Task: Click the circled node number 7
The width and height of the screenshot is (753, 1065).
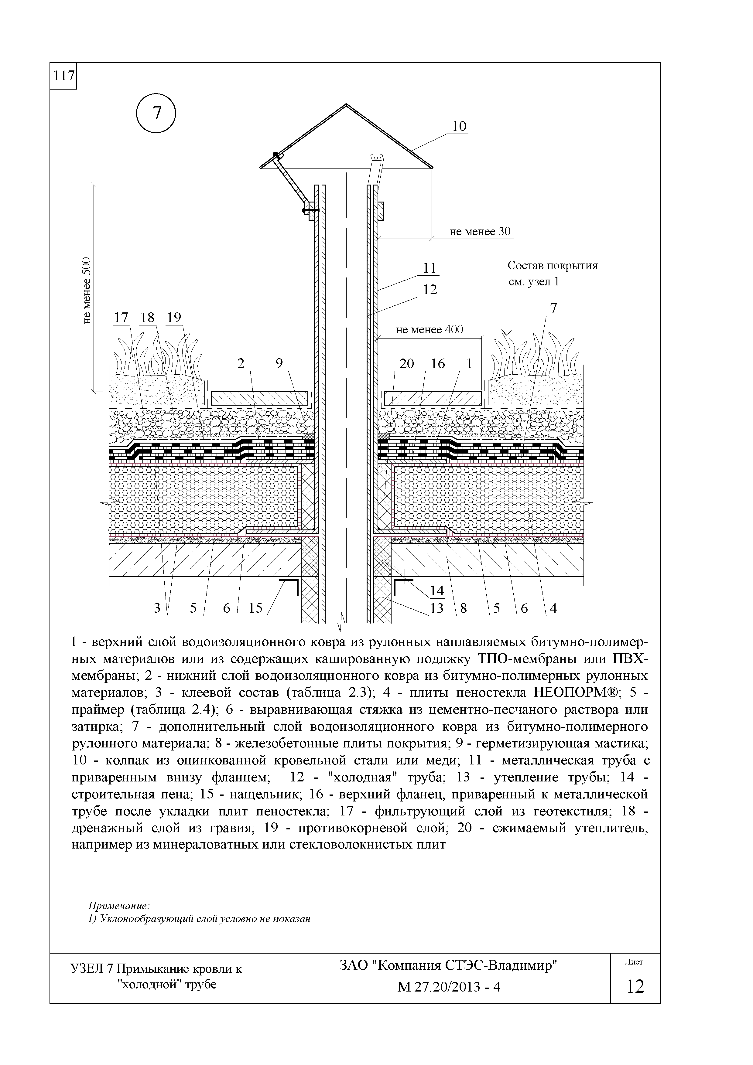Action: (156, 114)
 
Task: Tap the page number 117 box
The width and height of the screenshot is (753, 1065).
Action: (63, 76)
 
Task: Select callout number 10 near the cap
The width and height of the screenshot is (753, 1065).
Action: (459, 126)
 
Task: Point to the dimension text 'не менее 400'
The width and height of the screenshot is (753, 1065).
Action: (429, 330)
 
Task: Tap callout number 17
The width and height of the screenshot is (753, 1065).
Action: (121, 318)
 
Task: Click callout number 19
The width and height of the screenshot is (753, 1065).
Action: (174, 318)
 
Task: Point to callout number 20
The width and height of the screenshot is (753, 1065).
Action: (406, 364)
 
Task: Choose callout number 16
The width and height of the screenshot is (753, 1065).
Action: (437, 364)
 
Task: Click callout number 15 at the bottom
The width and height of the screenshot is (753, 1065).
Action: (256, 608)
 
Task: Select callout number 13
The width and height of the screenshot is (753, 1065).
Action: (436, 608)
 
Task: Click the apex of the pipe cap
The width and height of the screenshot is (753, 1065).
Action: (346, 105)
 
